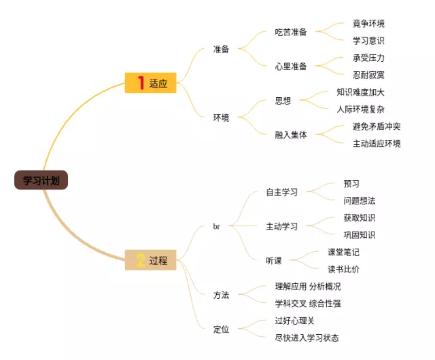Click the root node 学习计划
41,180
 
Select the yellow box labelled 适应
151,83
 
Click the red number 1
141,83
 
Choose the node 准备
221,49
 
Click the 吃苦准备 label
291,32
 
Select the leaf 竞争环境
368,24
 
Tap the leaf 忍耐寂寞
368,75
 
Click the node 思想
283,101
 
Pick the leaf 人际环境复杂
360,109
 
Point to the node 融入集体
291,134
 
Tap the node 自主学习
281,192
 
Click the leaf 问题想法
360,200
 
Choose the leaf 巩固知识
360,235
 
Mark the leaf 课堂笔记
343,252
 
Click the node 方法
221,295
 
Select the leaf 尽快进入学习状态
307,338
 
